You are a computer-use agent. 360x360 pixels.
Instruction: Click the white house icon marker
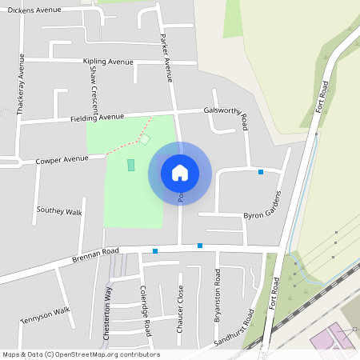pos(180,172)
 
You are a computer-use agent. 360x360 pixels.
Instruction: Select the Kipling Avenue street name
pos(108,62)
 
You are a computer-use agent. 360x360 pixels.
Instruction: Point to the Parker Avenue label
pos(168,58)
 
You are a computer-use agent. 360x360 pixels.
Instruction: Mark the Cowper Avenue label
pos(61,160)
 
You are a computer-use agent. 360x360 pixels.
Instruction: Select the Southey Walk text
pos(59,212)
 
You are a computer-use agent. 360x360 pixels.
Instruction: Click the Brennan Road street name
pos(95,254)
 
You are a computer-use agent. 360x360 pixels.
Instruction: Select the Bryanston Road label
pos(217,295)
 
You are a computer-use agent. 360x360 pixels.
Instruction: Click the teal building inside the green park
pos(131,165)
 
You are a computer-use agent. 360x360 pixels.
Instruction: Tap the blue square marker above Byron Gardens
pos(260,172)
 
